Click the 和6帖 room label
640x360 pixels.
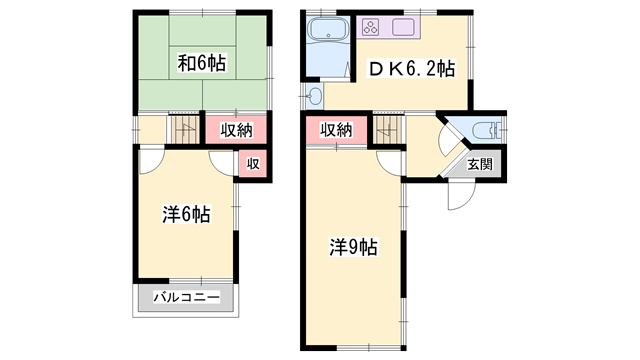[201, 63]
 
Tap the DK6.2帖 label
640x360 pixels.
[412, 69]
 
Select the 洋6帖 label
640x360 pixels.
[187, 214]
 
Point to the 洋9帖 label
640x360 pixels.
[353, 247]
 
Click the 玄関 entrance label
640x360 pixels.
[480, 164]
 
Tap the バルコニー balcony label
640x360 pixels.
[187, 297]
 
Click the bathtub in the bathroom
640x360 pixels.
[328, 30]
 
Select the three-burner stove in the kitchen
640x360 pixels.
[371, 27]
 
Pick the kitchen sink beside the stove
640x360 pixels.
[403, 27]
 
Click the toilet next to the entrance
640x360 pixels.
[486, 131]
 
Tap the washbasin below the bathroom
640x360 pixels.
[315, 96]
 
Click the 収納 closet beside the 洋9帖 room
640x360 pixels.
[336, 130]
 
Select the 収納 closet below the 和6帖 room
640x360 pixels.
[236, 130]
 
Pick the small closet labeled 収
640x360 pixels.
[253, 164]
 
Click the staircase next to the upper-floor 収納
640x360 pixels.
[184, 129]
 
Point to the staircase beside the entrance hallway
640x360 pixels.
[388, 129]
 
